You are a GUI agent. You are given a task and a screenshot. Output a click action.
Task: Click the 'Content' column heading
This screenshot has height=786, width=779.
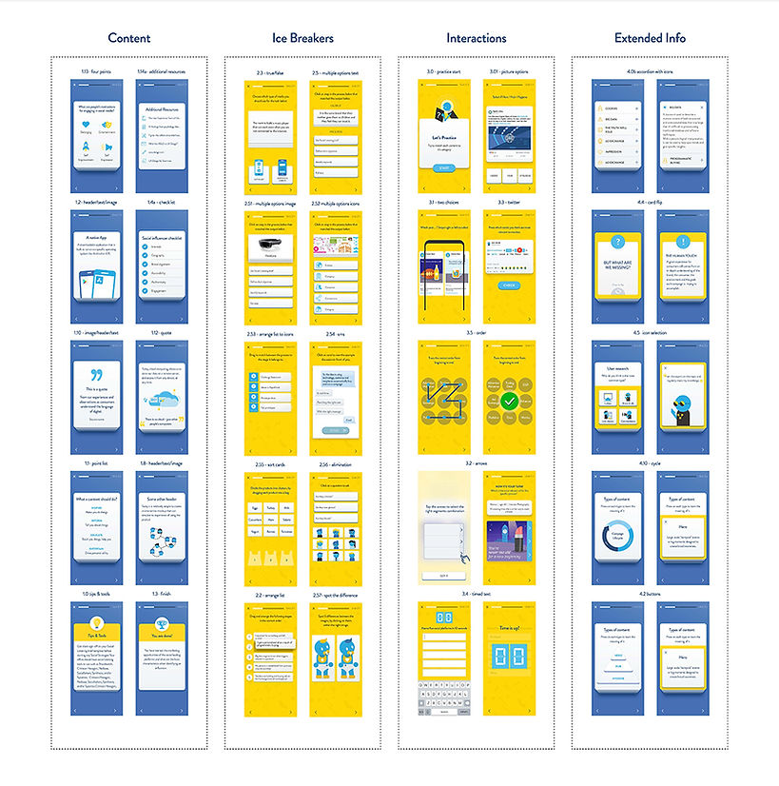(128, 38)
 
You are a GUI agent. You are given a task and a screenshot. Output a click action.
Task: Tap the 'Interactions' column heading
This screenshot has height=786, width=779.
(476, 38)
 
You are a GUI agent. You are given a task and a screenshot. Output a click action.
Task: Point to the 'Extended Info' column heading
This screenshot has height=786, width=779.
(650, 38)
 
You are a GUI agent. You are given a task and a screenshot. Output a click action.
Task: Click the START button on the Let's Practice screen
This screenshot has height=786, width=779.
(444, 168)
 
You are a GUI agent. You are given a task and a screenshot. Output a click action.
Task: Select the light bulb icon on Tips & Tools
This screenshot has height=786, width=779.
(96, 616)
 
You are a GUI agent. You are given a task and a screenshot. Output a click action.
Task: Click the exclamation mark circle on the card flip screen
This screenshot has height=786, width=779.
(683, 242)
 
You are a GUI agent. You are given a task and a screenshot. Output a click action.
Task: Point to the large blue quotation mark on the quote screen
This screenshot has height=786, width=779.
(96, 374)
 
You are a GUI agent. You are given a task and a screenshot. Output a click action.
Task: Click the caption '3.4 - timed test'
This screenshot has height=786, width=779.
(477, 595)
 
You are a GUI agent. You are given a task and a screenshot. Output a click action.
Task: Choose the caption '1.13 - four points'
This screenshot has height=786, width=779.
(95, 72)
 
